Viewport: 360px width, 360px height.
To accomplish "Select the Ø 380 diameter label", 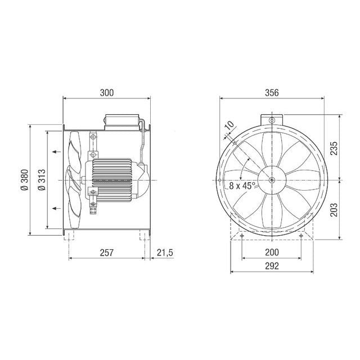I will (24, 180).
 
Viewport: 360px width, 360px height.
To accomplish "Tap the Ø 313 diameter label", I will (42, 180).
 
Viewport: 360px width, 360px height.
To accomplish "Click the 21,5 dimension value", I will (165, 253).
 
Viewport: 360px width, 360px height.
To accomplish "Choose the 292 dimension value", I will (272, 265).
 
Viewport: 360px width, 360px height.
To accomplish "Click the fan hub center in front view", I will (272, 180).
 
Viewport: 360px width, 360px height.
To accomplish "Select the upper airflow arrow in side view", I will (55, 151).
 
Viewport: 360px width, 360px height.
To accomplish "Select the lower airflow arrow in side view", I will (55, 209).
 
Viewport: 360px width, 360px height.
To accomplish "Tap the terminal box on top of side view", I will (120, 121).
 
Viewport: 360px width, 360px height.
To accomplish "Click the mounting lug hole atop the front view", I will (272, 121).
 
